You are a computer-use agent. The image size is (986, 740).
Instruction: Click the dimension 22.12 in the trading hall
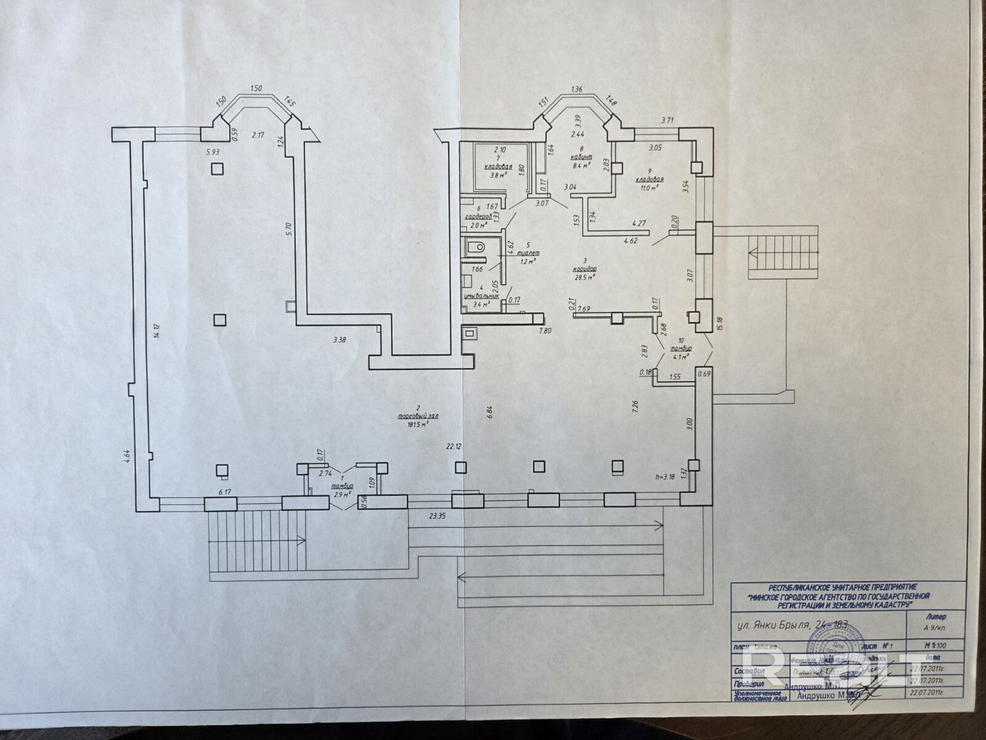coord(454,445)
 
